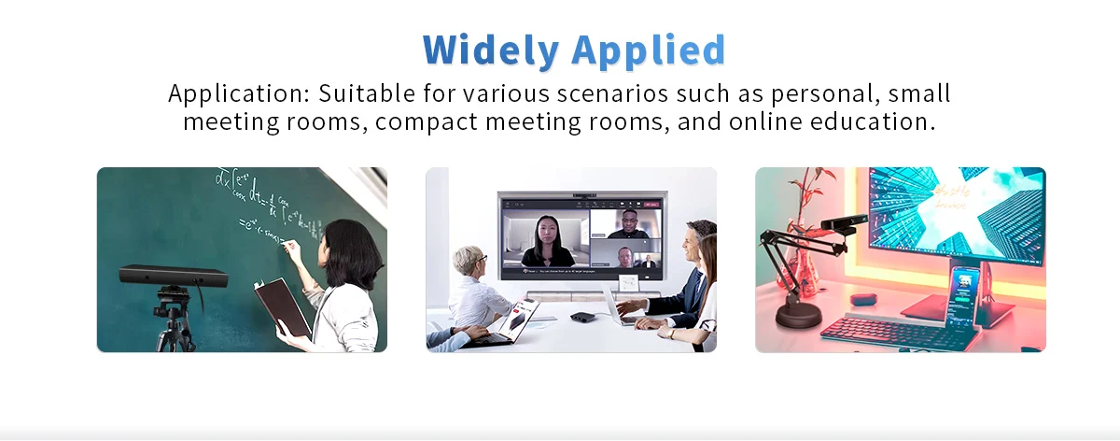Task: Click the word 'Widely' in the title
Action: [491, 49]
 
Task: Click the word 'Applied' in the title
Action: [649, 49]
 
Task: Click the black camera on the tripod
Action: [174, 276]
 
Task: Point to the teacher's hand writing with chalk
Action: [290, 248]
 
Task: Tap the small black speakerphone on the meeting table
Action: [582, 318]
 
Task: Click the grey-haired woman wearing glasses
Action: [472, 290]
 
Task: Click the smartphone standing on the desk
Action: [961, 297]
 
